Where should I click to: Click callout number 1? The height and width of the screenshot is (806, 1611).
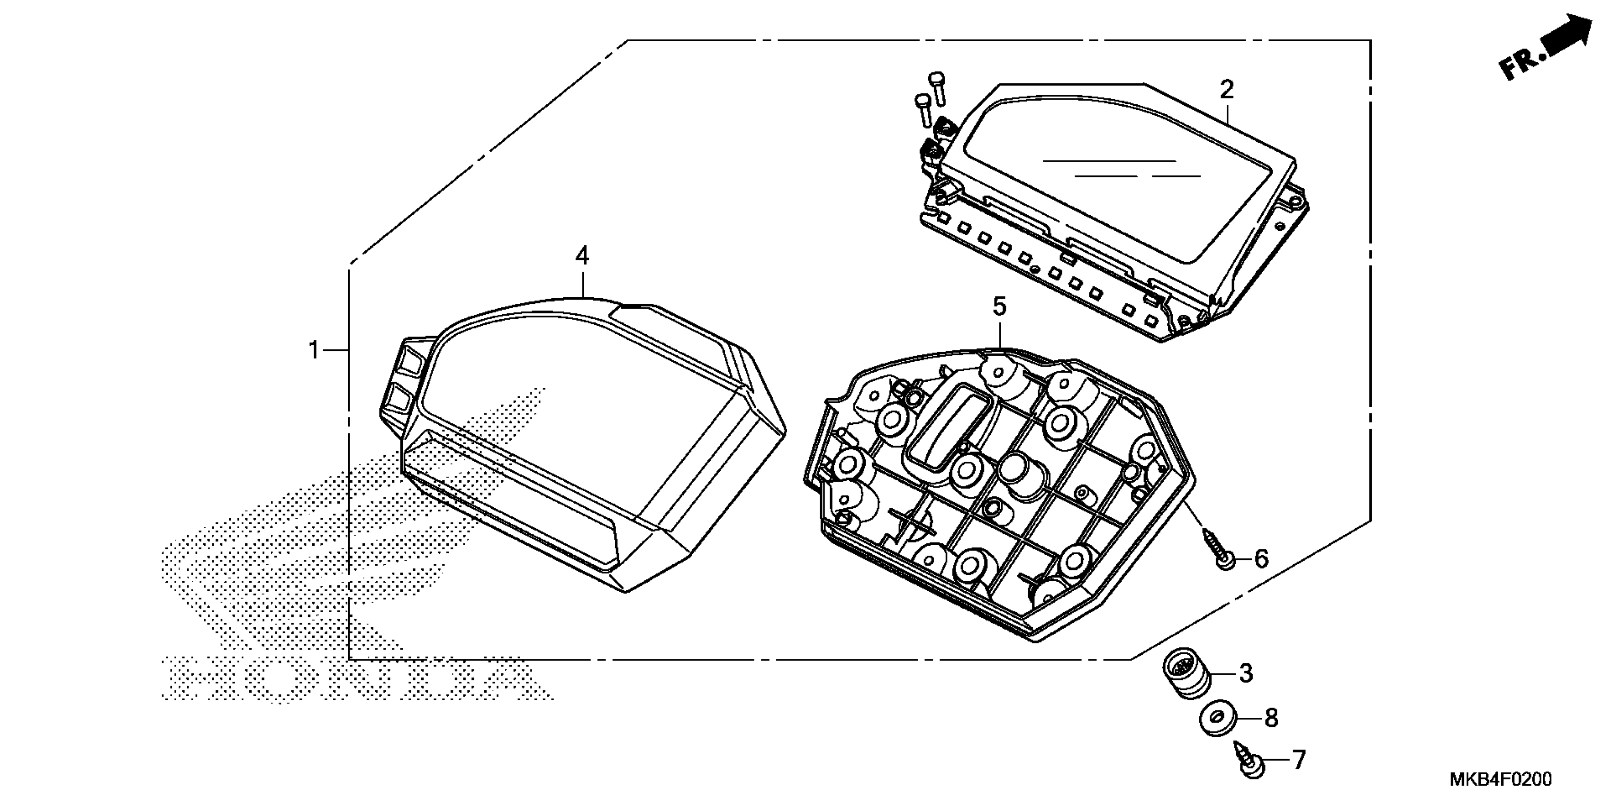(314, 350)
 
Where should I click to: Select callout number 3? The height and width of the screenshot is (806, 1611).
(1246, 673)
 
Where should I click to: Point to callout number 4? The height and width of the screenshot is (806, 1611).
(581, 256)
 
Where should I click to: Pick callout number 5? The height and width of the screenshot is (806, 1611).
(999, 307)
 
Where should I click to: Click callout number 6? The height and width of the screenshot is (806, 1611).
(1261, 558)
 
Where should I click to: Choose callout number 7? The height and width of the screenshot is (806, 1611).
(1299, 760)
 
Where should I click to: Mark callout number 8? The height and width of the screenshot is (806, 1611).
(1271, 718)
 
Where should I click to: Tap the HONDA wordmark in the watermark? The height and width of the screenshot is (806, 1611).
(356, 677)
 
